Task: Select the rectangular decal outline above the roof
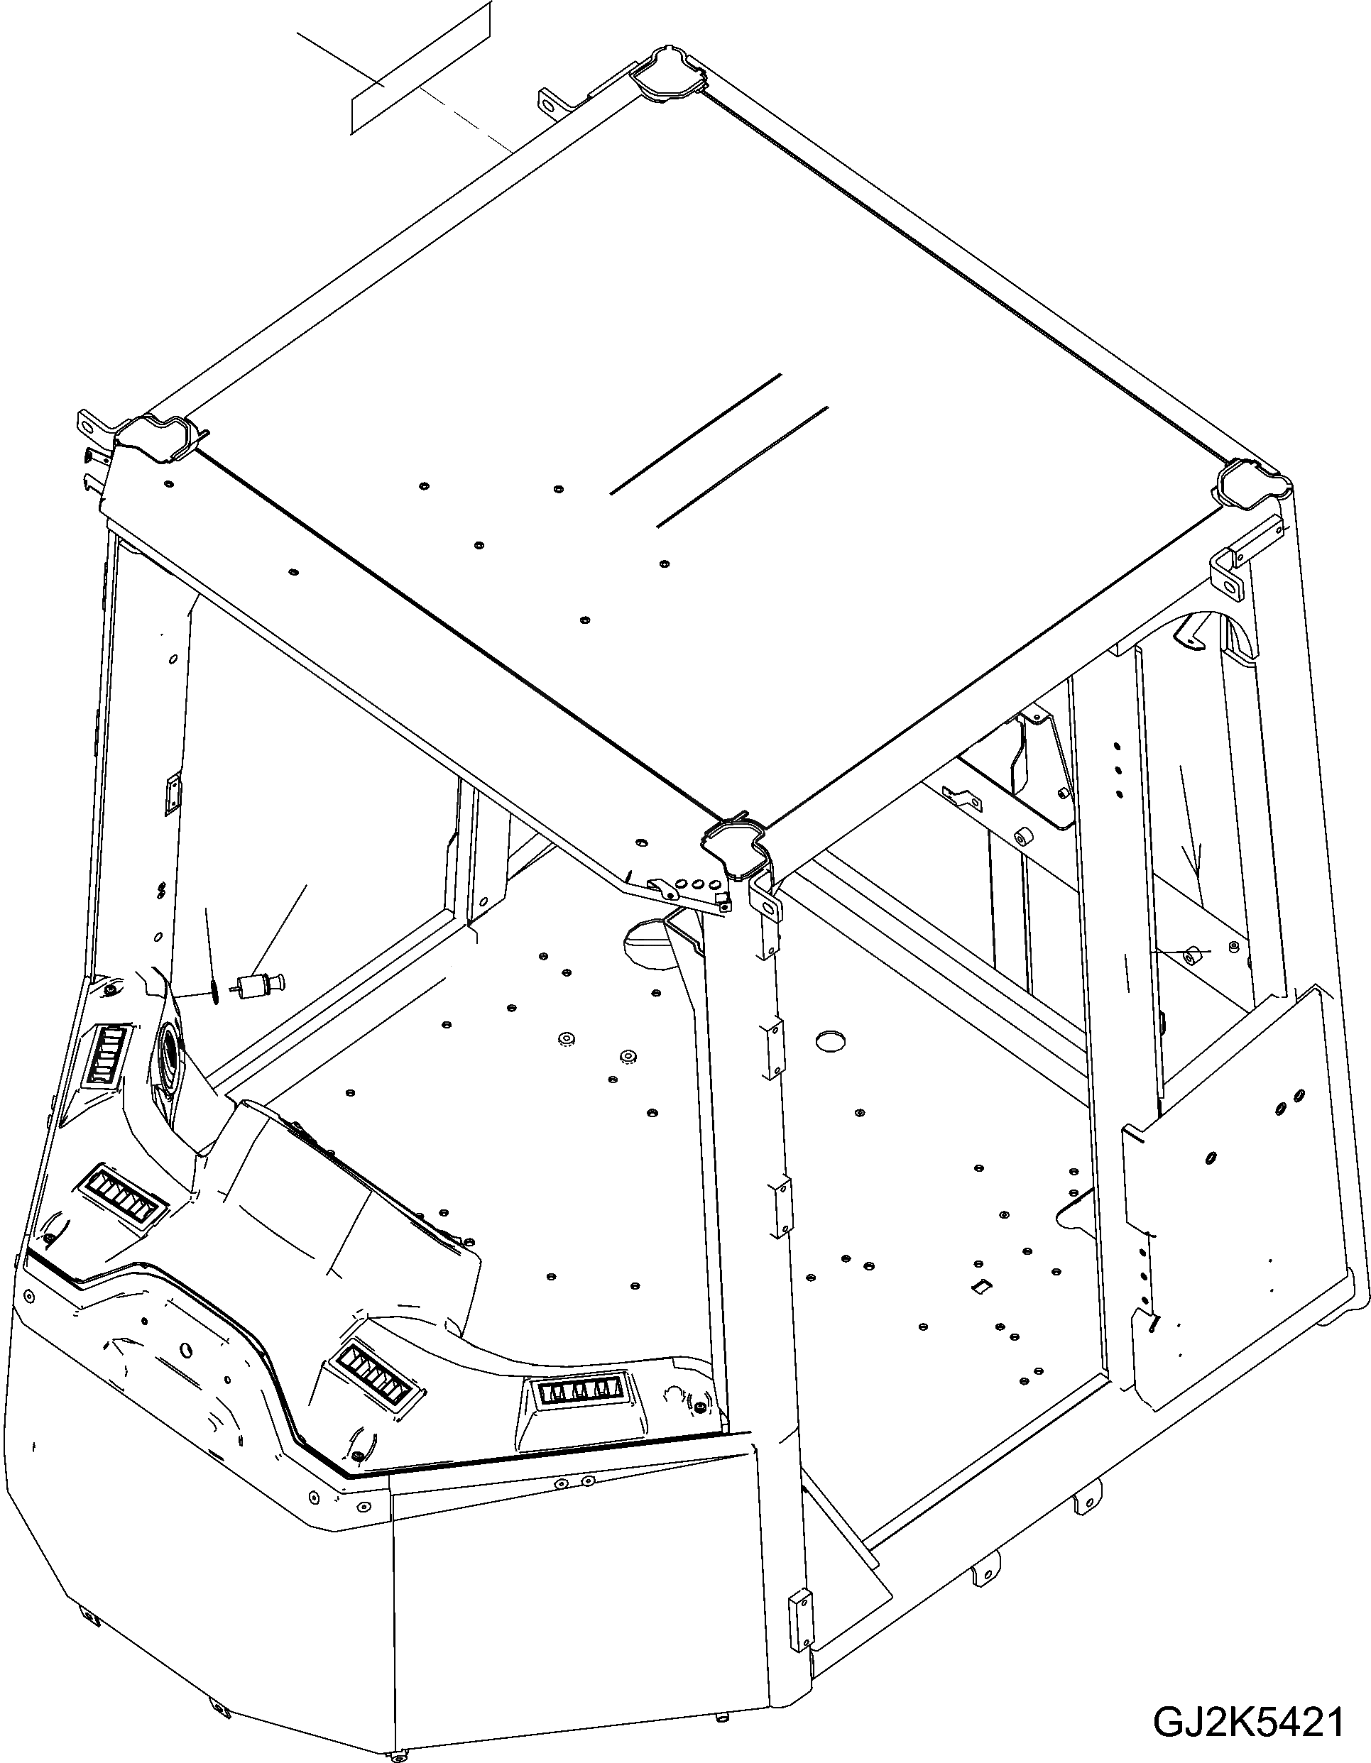tap(420, 67)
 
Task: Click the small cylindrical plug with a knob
tap(257, 986)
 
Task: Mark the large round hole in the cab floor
tap(829, 1040)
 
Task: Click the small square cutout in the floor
tap(981, 1285)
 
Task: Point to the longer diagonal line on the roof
tap(696, 434)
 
